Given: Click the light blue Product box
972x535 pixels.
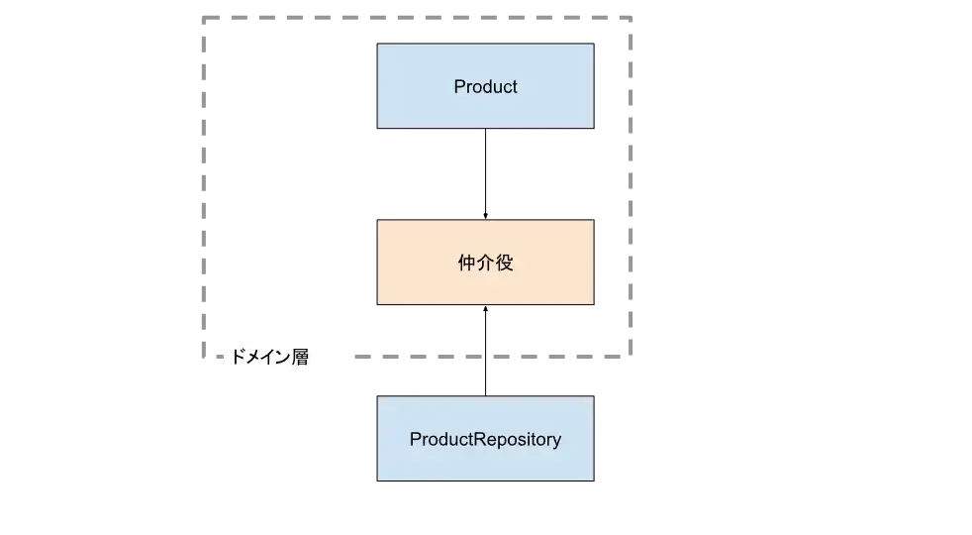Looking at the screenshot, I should pyautogui.click(x=485, y=85).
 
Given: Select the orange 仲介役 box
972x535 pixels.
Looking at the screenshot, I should pyautogui.click(x=485, y=263).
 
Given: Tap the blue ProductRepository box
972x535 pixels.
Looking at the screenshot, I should pyautogui.click(x=485, y=439).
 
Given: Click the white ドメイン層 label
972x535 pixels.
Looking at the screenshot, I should pyautogui.click(x=284, y=357).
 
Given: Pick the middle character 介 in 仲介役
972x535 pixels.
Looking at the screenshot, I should pyautogui.click(x=485, y=264).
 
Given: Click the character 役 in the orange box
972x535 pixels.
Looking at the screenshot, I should pyautogui.click(x=505, y=264).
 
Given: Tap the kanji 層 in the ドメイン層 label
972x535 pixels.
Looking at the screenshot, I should pyautogui.click(x=299, y=358).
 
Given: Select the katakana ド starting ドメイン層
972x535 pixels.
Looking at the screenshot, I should pyautogui.click(x=238, y=358).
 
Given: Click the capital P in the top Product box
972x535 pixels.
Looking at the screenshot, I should pyautogui.click(x=459, y=86).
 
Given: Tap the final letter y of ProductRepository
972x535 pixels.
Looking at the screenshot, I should pyautogui.click(x=556, y=441).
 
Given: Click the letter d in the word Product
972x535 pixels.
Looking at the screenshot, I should pyautogui.click(x=486, y=86).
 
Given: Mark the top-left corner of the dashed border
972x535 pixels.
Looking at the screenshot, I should pyautogui.click(x=203, y=14).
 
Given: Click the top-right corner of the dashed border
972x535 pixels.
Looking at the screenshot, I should pyautogui.click(x=629, y=14).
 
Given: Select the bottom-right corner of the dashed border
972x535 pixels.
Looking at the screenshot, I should pyautogui.click(x=629, y=354).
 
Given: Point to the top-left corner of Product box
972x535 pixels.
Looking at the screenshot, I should pyautogui.click(x=375, y=43).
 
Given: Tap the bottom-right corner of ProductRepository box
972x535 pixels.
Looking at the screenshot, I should pyautogui.click(x=594, y=481).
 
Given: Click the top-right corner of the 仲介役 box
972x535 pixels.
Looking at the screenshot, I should pyautogui.click(x=594, y=220).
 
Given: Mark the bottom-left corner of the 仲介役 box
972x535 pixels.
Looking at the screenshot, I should pyautogui.click(x=375, y=305).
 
